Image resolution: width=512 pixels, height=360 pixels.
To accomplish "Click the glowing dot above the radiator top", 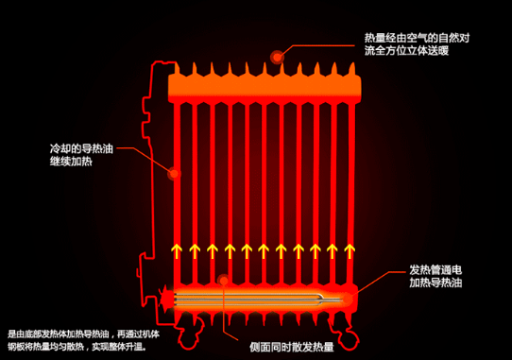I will click(278, 57).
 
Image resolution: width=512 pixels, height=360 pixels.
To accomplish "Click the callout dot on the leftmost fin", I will click(173, 173).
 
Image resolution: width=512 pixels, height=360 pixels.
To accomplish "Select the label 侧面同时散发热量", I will click(291, 346).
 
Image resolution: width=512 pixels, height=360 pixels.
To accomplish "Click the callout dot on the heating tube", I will click(224, 280).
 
